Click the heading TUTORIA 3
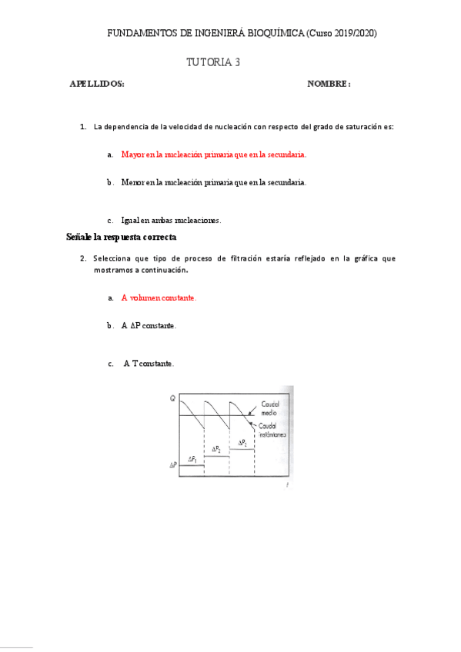pyautogui.click(x=213, y=63)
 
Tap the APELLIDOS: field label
pyautogui.click(x=97, y=84)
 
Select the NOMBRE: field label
pyautogui.click(x=329, y=84)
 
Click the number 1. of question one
pyautogui.click(x=83, y=126)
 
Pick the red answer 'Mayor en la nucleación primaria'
pyautogui.click(x=214, y=155)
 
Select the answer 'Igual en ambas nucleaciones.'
pyautogui.click(x=171, y=220)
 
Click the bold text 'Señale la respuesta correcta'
pyautogui.click(x=122, y=237)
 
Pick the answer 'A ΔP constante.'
pyautogui.click(x=149, y=326)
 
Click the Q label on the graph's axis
pyautogui.click(x=172, y=398)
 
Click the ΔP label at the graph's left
pyautogui.click(x=174, y=465)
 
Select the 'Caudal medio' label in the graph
pyautogui.click(x=269, y=407)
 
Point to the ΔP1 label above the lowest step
pyautogui.click(x=193, y=459)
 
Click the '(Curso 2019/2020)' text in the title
pyautogui.click(x=342, y=34)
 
